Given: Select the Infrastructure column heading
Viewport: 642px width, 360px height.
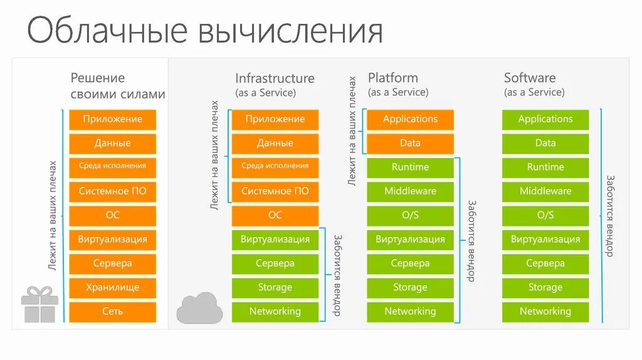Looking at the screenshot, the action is tap(275, 78).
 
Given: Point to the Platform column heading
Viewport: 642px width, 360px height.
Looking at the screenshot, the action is tap(392, 78).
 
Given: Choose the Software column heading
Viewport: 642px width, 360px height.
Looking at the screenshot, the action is tap(530, 78).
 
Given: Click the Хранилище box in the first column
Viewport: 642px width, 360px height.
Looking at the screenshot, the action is tap(112, 287).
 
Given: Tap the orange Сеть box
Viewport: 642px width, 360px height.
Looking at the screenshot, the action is tap(112, 311).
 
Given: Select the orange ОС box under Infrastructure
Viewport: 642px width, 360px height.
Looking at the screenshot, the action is tap(275, 215).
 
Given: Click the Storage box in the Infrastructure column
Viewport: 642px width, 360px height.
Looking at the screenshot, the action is tap(275, 287).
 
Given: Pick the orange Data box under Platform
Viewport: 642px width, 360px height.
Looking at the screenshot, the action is tap(410, 143).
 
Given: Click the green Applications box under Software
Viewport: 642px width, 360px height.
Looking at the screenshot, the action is tap(545, 119).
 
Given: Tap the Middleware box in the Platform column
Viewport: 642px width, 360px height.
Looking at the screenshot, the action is tap(410, 191).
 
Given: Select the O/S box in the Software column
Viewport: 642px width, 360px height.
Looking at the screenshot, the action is tap(545, 215).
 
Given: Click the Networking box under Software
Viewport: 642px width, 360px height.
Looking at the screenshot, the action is tap(545, 311).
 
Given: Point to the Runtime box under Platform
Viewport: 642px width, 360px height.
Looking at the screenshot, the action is tap(410, 167).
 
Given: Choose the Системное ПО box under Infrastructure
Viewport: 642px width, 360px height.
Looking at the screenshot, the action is tap(275, 191).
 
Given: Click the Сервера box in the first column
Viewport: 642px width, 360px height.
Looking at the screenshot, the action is tap(112, 263).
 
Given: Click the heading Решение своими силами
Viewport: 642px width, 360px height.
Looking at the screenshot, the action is tap(117, 86).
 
